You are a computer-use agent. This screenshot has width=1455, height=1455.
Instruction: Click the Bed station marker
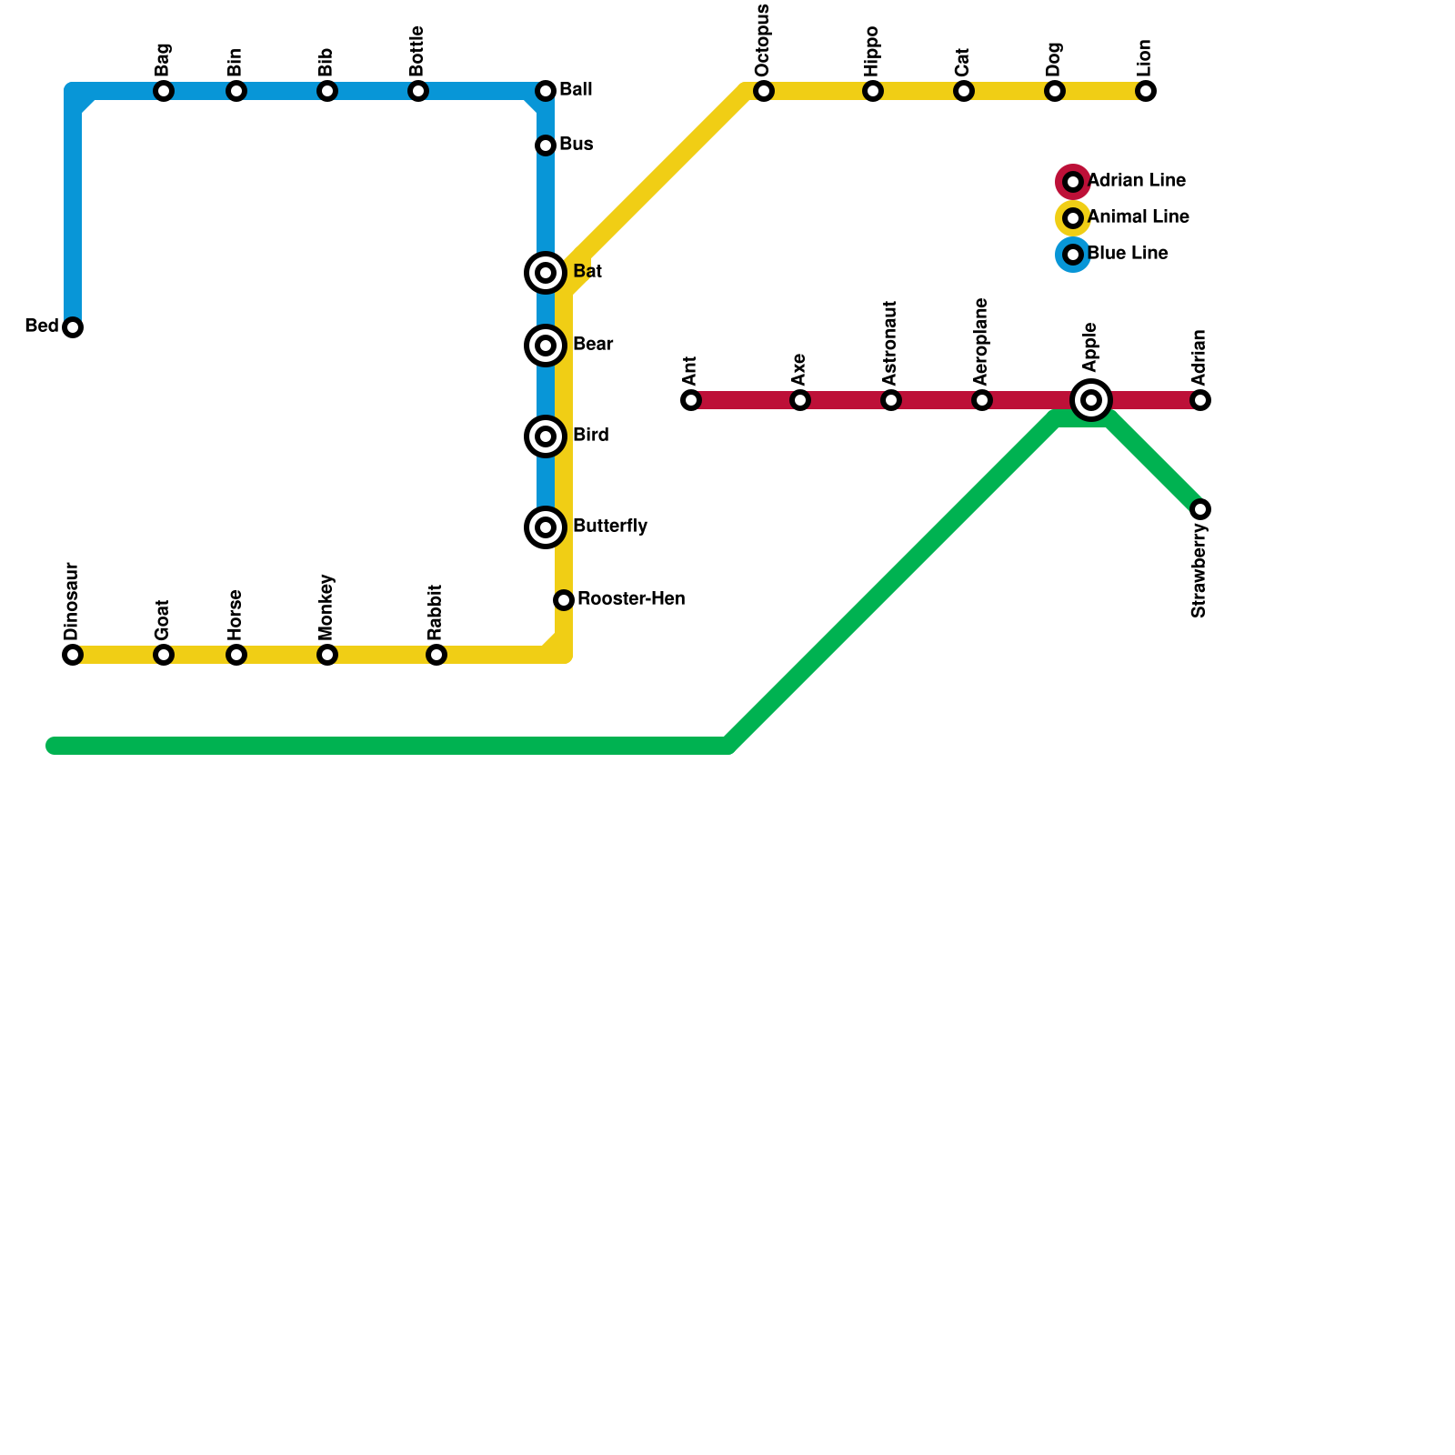pyautogui.click(x=73, y=327)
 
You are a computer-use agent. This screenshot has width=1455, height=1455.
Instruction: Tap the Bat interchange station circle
pyautogui.click(x=546, y=273)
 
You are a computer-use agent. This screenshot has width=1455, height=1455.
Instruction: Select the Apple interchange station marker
pyautogui.click(x=1091, y=400)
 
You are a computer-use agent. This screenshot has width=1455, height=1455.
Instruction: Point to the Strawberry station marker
pyautogui.click(x=1200, y=509)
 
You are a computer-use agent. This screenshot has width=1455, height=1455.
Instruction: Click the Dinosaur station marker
pyautogui.click(x=73, y=655)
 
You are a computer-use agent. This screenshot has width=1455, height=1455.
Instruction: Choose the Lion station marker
pyautogui.click(x=1146, y=91)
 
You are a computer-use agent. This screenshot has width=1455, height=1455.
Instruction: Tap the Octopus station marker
pyautogui.click(x=764, y=91)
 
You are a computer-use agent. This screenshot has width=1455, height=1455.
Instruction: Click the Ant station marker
pyautogui.click(x=691, y=400)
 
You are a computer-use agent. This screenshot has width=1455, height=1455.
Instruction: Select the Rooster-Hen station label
pyautogui.click(x=631, y=599)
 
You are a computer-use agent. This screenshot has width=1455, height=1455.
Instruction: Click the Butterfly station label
pyautogui.click(x=610, y=527)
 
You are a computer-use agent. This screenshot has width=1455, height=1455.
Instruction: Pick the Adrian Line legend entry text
pyautogui.click(x=1137, y=181)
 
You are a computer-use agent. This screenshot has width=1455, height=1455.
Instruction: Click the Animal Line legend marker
pyautogui.click(x=1073, y=218)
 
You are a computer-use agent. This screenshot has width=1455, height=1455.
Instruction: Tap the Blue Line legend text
pyautogui.click(x=1128, y=254)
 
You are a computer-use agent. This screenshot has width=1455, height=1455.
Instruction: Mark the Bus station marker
pyautogui.click(x=546, y=145)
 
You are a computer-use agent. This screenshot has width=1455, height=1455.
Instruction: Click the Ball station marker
pyautogui.click(x=546, y=91)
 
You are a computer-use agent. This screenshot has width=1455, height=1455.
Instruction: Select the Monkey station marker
pyautogui.click(x=327, y=655)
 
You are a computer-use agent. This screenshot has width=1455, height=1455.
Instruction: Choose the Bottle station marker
pyautogui.click(x=418, y=91)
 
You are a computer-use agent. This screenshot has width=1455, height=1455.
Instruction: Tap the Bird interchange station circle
pyautogui.click(x=546, y=436)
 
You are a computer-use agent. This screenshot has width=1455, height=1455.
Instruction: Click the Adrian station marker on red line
pyautogui.click(x=1200, y=400)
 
